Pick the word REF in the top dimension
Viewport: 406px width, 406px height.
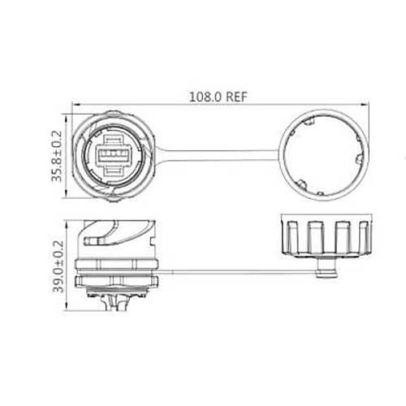click(236, 95)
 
